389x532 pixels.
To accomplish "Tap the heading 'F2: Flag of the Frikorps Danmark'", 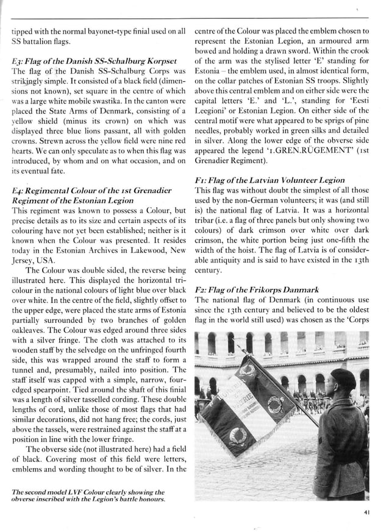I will [x=257, y=289].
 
